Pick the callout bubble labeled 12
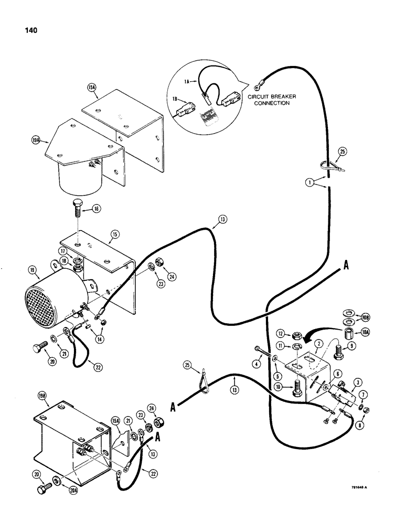(x=281, y=333)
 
